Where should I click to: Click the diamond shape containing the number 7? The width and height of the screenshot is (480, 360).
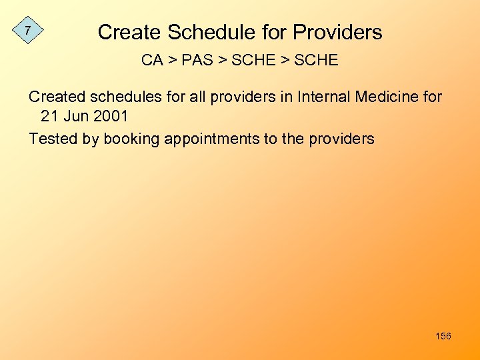27,30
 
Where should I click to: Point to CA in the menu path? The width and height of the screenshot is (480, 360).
152,60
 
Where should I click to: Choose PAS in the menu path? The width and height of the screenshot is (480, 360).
197,60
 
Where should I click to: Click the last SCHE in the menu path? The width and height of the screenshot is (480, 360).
315,60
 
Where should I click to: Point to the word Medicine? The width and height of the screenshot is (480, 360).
387,97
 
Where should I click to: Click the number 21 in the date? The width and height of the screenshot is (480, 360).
49,116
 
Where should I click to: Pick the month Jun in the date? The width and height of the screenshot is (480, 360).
75,116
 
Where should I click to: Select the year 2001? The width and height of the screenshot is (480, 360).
110,116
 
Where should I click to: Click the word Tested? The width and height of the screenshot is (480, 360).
50,139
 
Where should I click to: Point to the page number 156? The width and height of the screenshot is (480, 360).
443,336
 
